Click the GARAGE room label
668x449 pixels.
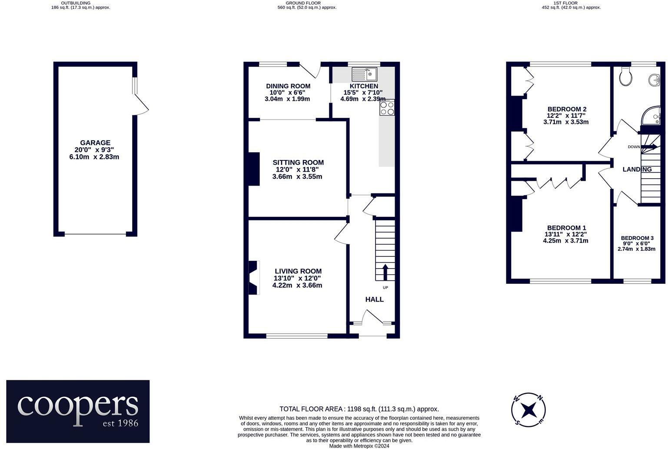tap(95, 143)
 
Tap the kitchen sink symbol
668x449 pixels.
tap(364, 74)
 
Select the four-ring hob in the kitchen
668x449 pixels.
tap(387, 107)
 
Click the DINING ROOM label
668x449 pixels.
tap(288, 86)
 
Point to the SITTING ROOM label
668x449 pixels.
tap(298, 163)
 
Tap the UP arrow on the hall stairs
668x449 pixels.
tap(385, 272)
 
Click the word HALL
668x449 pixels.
tap(374, 299)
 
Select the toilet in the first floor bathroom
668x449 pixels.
tap(626, 76)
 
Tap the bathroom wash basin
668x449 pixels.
tap(655, 80)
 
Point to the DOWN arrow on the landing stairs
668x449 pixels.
tap(649, 147)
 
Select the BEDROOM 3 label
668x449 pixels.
tap(637, 238)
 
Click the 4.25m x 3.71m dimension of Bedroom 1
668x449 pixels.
tap(565, 241)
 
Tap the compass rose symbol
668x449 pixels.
tap(528, 409)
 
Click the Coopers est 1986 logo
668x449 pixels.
tap(78, 411)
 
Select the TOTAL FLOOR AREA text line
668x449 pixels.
tap(359, 409)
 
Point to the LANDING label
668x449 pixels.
tap(637, 170)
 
